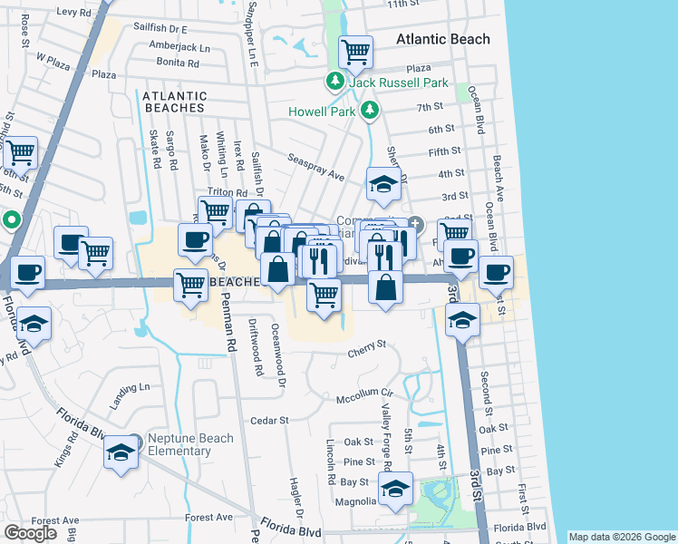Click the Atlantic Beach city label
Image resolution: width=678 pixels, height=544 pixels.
tap(443, 39)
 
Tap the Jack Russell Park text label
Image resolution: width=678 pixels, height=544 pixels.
tap(401, 83)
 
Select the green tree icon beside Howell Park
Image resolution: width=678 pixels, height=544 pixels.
tap(370, 111)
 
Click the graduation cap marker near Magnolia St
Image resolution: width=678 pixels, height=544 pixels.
tap(395, 488)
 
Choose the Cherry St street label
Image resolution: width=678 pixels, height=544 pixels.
tap(367, 345)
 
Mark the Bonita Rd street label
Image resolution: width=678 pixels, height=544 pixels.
tap(177, 63)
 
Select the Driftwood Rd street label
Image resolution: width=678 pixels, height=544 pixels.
tap(258, 353)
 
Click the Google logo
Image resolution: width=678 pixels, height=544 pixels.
tap(30, 533)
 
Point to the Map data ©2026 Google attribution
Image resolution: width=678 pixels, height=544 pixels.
tap(621, 537)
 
